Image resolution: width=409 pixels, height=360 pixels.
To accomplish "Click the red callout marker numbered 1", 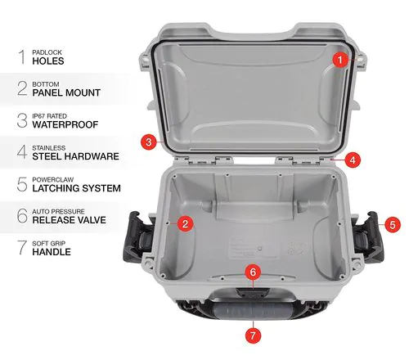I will pyautogui.click(x=338, y=58).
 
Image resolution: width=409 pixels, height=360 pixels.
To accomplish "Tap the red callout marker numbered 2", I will pyautogui.click(x=186, y=223).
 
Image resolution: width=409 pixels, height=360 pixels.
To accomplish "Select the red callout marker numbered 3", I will pyautogui.click(x=147, y=142).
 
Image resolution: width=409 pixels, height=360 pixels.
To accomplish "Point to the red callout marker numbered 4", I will pyautogui.click(x=352, y=159).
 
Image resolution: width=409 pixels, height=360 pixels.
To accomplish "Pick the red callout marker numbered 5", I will pyautogui.click(x=392, y=223).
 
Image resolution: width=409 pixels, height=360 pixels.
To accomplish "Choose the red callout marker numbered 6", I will pyautogui.click(x=253, y=271).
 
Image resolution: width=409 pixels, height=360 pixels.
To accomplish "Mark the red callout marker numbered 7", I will pyautogui.click(x=253, y=334).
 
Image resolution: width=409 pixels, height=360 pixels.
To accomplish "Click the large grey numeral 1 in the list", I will pyautogui.click(x=20, y=56).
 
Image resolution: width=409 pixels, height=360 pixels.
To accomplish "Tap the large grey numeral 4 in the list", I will pyautogui.click(x=20, y=151).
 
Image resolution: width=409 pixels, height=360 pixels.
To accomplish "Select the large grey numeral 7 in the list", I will pyautogui.click(x=20, y=246).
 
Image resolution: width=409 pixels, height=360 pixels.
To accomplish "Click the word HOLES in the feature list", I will pyautogui.click(x=49, y=61).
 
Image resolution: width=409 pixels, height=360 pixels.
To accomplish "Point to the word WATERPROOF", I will pyautogui.click(x=66, y=124).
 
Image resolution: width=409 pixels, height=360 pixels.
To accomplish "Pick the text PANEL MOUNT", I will pyautogui.click(x=66, y=93).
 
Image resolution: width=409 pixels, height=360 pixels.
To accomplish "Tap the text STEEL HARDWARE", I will pyautogui.click(x=75, y=156).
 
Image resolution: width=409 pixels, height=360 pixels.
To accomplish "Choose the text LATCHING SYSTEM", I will pyautogui.click(x=76, y=188).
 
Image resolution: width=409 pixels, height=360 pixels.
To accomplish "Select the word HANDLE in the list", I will pyautogui.click(x=52, y=252).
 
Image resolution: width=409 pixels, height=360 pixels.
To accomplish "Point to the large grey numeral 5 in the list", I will pyautogui.click(x=20, y=183).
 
